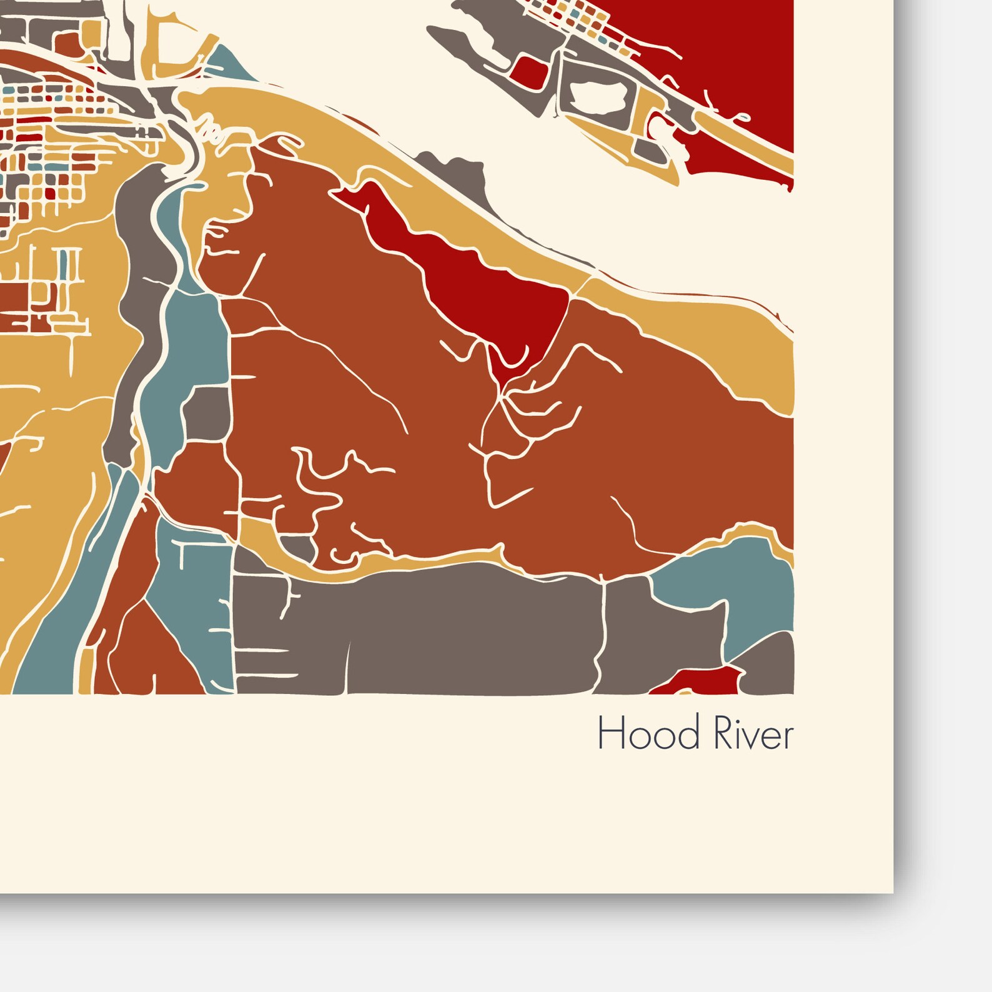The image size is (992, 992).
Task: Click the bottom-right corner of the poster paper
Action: coord(892,891)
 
